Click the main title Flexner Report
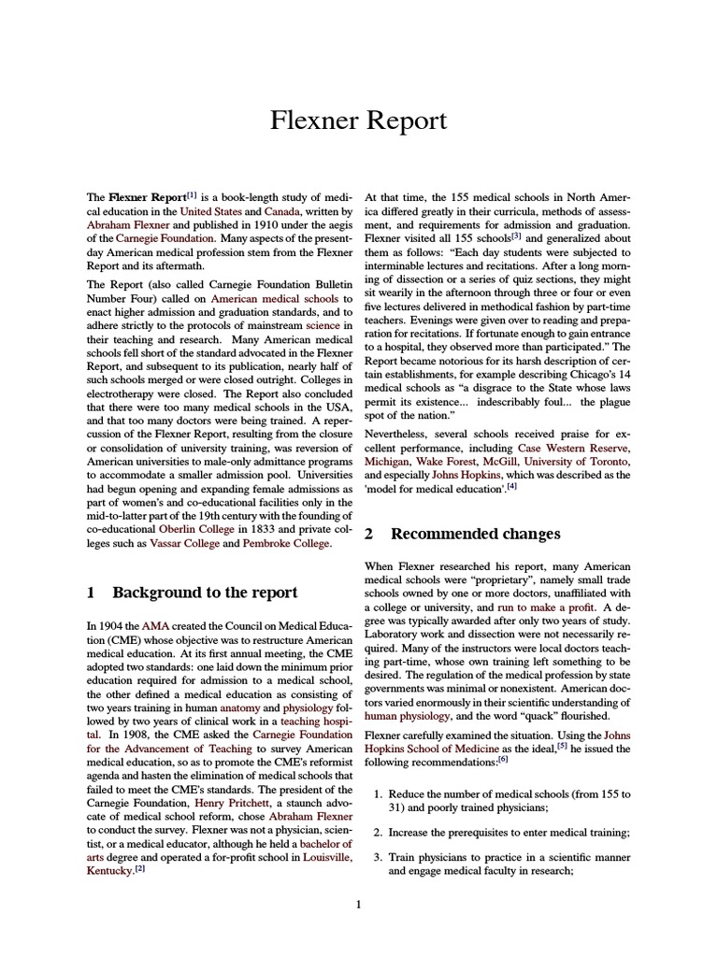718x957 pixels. point(359,121)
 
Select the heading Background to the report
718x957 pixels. point(204,592)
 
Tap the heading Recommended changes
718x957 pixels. point(475,534)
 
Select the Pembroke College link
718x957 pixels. point(285,543)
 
